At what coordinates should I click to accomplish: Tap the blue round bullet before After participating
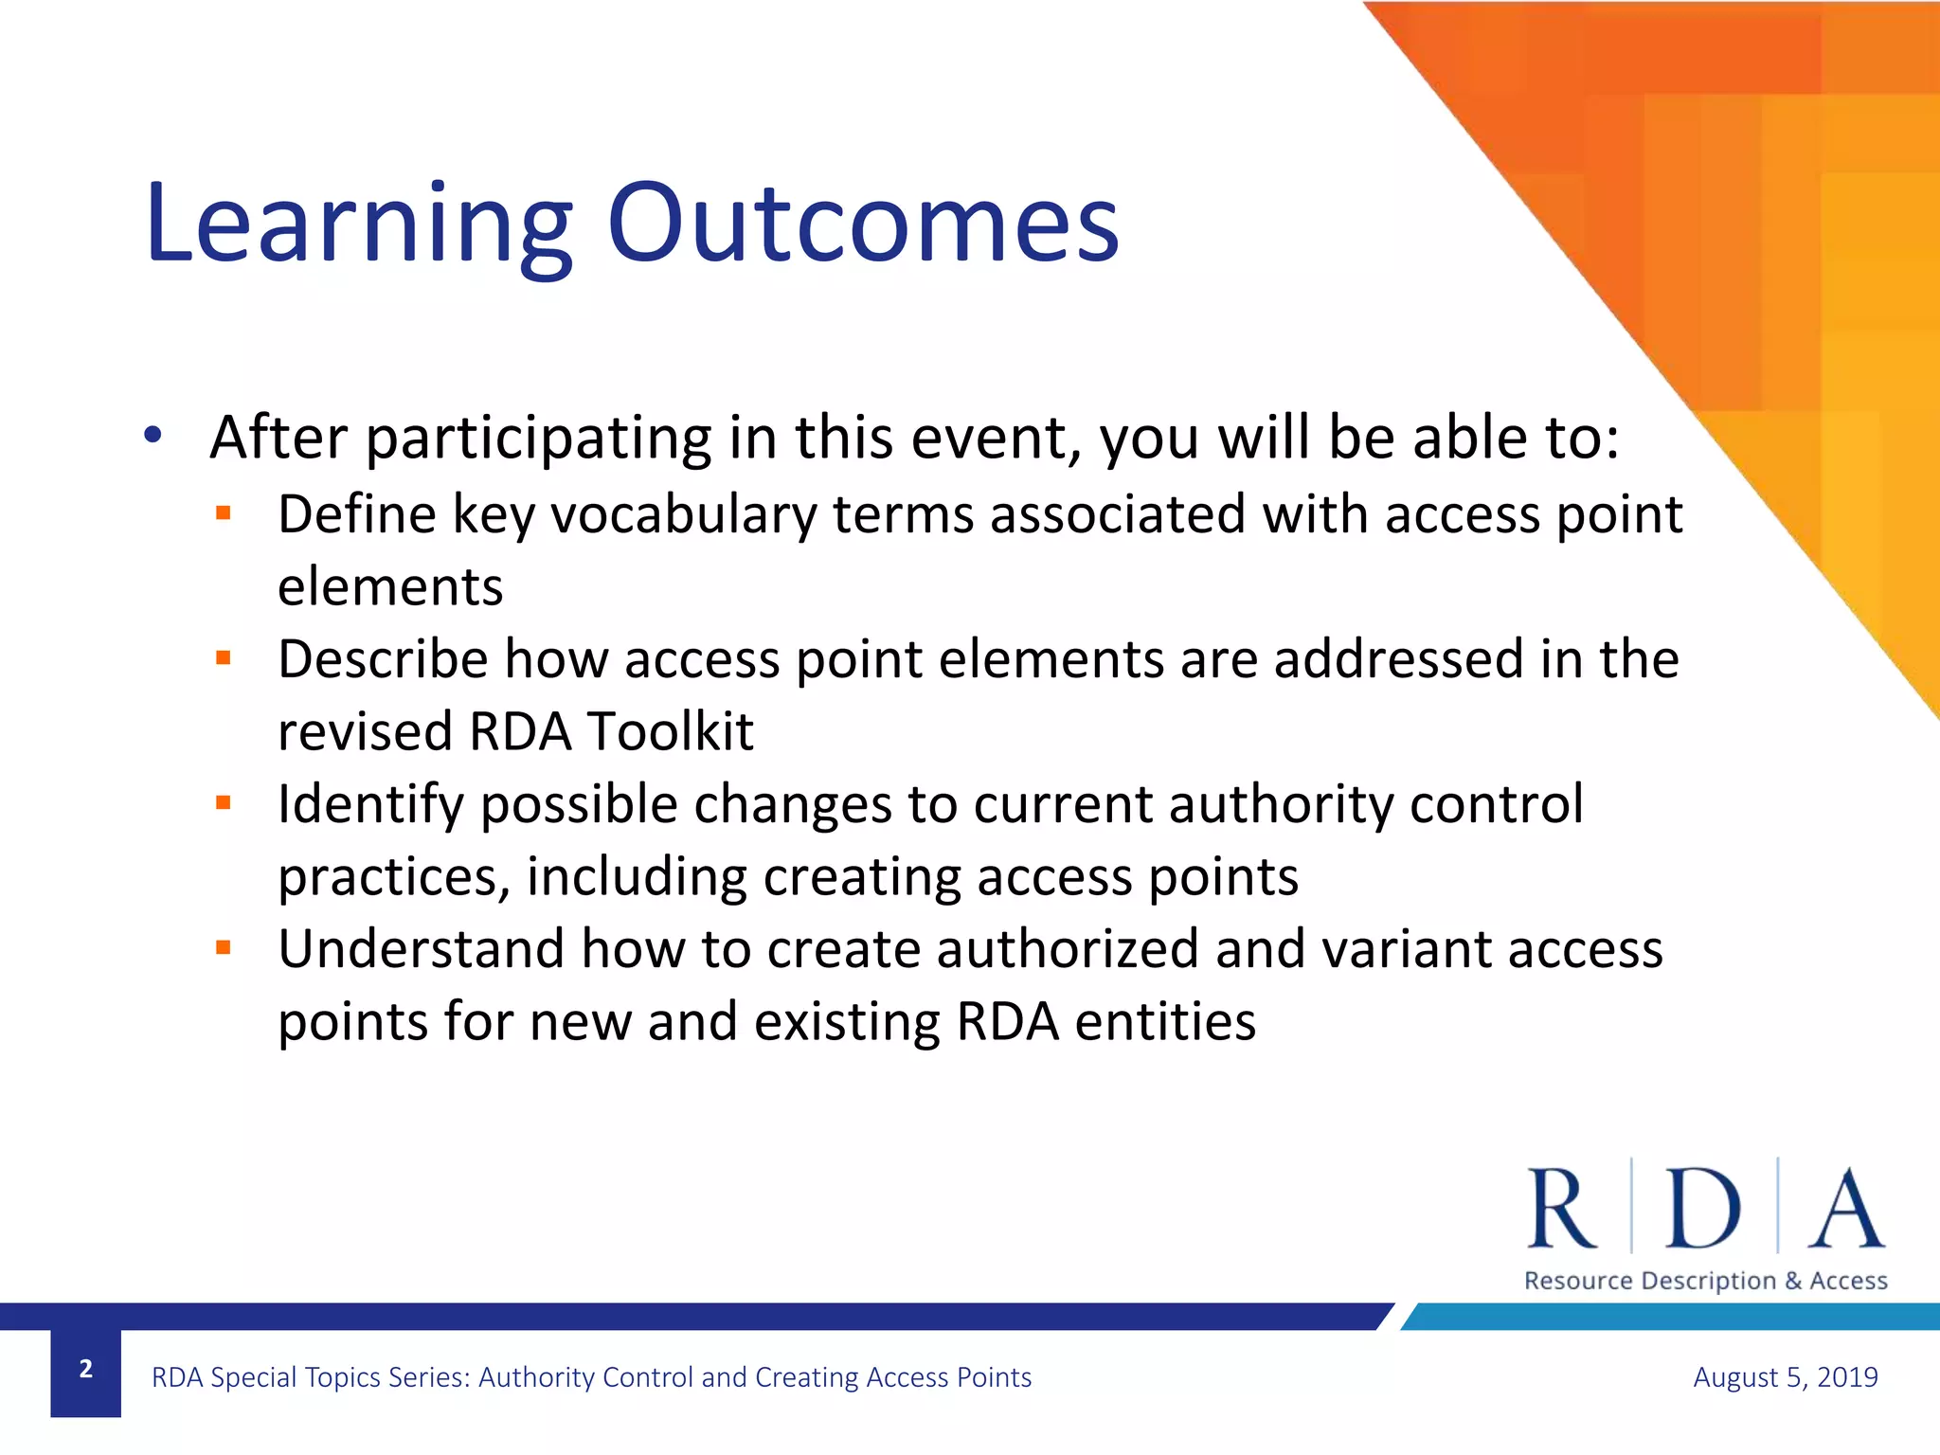coord(153,436)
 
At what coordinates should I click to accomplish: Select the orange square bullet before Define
coord(224,514)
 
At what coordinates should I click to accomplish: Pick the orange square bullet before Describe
coord(224,658)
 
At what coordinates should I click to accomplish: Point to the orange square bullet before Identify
coord(224,803)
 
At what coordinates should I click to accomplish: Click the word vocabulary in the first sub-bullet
coord(683,516)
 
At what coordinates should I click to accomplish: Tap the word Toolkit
coord(670,732)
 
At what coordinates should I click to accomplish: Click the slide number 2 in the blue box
coord(85,1370)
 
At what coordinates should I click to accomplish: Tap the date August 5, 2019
coord(1785,1377)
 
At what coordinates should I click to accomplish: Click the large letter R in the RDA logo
coord(1560,1209)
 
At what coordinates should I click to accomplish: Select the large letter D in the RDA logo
coord(1702,1209)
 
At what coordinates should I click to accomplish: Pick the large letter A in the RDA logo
coord(1845,1209)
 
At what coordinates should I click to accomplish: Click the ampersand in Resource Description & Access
coord(1792,1281)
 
